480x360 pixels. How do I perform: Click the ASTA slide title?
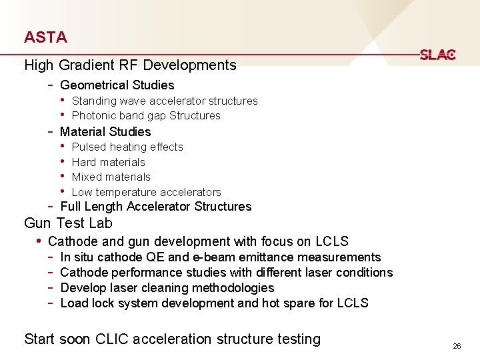click(45, 37)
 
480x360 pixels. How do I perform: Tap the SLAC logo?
click(437, 55)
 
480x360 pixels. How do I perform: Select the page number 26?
click(457, 346)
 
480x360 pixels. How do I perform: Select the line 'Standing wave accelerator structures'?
click(164, 101)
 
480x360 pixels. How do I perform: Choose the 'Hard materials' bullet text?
click(108, 162)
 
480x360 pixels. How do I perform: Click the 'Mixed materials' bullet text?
click(111, 177)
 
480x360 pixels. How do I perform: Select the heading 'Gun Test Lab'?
click(68, 223)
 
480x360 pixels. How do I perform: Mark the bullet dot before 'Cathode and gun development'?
click(39, 241)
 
